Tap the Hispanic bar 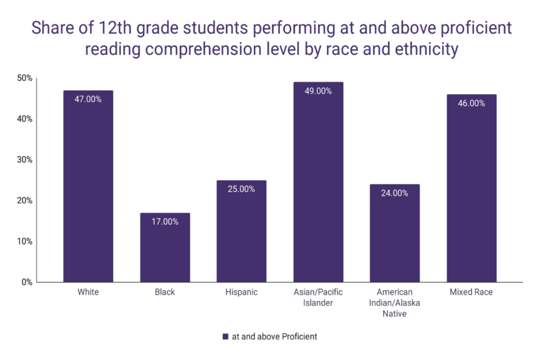click(x=241, y=231)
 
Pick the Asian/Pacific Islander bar click(x=318, y=182)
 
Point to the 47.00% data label click(x=88, y=99)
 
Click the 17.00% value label click(x=165, y=221)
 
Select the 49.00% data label click(x=318, y=91)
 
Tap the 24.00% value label click(x=394, y=193)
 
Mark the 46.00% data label click(x=471, y=103)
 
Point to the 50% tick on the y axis click(x=24, y=78)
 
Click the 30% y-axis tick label click(x=24, y=160)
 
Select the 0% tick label click(x=26, y=282)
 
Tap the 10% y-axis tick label click(x=24, y=241)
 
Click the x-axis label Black click(x=165, y=292)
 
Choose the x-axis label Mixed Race click(x=471, y=292)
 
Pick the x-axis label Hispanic click(x=241, y=292)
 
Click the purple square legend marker click(x=225, y=337)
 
